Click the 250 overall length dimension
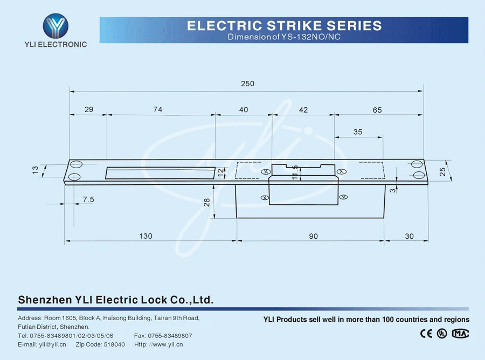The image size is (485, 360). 247,84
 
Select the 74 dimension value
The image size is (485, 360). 157,109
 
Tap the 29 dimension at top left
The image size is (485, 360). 89,109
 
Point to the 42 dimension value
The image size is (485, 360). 303,109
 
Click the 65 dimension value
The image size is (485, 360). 377,110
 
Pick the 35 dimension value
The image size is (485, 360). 358,132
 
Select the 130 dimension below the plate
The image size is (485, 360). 145,236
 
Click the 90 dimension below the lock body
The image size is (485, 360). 314,236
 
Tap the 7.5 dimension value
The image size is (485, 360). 88,199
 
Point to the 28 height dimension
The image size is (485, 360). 206,202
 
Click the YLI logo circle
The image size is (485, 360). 56,24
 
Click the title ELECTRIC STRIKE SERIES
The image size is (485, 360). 284,25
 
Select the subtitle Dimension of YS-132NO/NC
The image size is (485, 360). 284,37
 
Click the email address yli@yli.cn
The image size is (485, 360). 52,344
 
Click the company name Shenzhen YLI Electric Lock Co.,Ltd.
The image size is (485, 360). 116,300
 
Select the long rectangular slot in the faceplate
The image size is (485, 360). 160,172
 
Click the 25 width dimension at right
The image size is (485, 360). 442,171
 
